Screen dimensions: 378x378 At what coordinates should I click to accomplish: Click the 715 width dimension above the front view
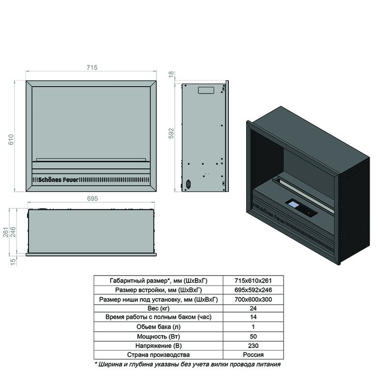click(x=92, y=67)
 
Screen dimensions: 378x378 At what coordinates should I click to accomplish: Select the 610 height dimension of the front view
click(x=11, y=140)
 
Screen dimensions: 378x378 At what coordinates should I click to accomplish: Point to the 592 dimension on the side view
click(x=171, y=133)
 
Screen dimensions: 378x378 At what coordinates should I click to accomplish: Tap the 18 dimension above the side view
click(x=171, y=74)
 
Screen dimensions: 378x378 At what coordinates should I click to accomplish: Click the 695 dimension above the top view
click(x=93, y=198)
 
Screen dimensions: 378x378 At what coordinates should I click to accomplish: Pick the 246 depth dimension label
click(x=13, y=232)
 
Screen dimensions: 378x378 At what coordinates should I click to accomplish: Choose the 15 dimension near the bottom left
click(x=13, y=262)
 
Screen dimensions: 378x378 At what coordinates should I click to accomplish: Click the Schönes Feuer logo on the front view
click(x=59, y=180)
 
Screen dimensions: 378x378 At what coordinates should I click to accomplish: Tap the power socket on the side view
click(x=188, y=184)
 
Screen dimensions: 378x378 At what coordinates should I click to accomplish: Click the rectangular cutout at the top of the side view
click(x=206, y=90)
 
